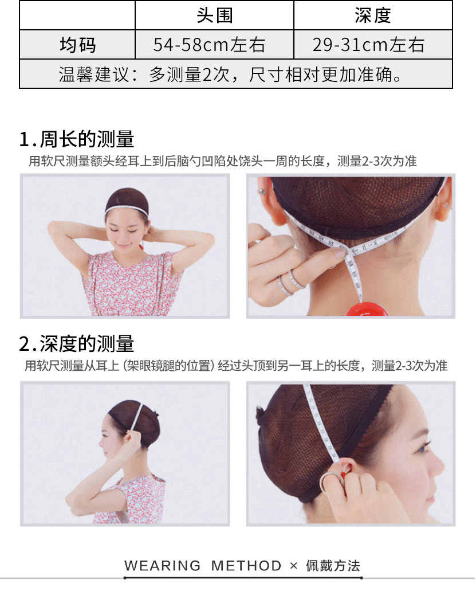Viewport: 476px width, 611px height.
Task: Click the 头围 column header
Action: [215, 15]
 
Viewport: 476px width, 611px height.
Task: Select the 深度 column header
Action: [373, 15]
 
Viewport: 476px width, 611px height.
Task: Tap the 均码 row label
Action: [78, 45]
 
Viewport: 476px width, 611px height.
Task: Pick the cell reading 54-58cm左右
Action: [209, 45]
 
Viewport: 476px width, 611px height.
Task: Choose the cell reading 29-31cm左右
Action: [368, 45]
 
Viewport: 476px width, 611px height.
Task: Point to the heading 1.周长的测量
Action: [77, 139]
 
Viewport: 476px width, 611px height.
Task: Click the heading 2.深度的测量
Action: [77, 344]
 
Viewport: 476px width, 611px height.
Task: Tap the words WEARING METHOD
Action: [203, 565]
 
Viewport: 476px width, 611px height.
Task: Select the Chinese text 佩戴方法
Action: [333, 565]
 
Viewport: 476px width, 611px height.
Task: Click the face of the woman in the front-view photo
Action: [126, 231]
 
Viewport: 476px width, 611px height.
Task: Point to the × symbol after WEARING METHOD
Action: [294, 566]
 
